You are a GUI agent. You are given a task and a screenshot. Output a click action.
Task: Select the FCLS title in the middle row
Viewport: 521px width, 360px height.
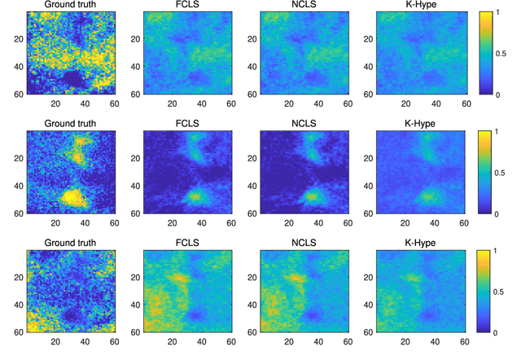[187, 124]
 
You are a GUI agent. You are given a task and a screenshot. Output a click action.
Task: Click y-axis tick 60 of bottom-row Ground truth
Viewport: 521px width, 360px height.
[19, 333]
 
